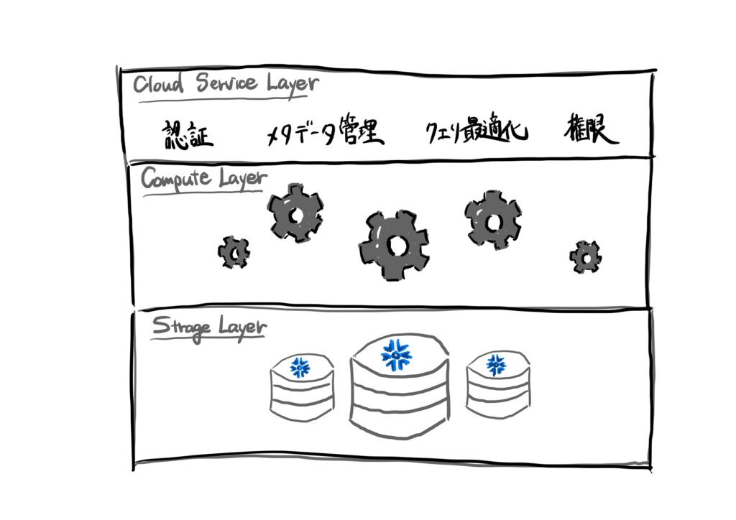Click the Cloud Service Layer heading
(225, 84)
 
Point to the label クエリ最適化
(476, 132)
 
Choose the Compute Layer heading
(203, 179)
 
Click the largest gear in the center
(395, 246)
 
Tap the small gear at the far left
(234, 252)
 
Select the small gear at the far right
(586, 256)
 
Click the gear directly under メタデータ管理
(295, 213)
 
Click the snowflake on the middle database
(395, 354)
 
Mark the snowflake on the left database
(300, 367)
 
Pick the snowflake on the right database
(496, 365)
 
